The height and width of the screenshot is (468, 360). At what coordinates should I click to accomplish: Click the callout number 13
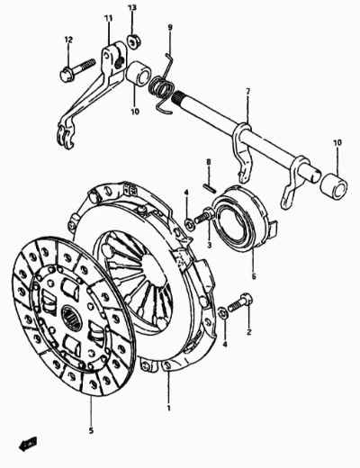pyautogui.click(x=132, y=7)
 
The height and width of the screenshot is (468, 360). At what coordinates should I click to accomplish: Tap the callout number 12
pyautogui.click(x=68, y=40)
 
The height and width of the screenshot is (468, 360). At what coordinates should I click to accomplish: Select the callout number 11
pyautogui.click(x=108, y=19)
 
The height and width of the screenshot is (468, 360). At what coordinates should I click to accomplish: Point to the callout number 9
pyautogui.click(x=170, y=28)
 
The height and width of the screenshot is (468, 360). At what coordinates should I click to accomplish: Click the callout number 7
pyautogui.click(x=247, y=92)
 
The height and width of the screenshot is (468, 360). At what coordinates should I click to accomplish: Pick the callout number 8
pyautogui.click(x=209, y=162)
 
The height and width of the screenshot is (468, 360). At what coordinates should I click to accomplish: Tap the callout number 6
pyautogui.click(x=254, y=276)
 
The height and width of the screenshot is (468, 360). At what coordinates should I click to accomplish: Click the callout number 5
pyautogui.click(x=91, y=431)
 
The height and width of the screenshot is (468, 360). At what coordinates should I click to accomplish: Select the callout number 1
pyautogui.click(x=168, y=408)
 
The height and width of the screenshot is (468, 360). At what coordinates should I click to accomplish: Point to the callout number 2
pyautogui.click(x=249, y=332)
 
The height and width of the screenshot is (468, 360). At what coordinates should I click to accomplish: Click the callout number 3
pyautogui.click(x=209, y=245)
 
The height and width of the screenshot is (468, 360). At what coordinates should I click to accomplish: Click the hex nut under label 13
pyautogui.click(x=132, y=41)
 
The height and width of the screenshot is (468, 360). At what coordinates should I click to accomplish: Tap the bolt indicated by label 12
pyautogui.click(x=78, y=70)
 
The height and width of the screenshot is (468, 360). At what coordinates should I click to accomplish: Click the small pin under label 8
pyautogui.click(x=209, y=187)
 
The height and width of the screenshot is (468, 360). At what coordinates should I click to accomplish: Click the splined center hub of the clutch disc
pyautogui.click(x=71, y=319)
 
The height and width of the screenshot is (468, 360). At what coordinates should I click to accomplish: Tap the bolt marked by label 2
pyautogui.click(x=240, y=302)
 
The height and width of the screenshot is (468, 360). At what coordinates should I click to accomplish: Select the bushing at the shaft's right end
pyautogui.click(x=334, y=186)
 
